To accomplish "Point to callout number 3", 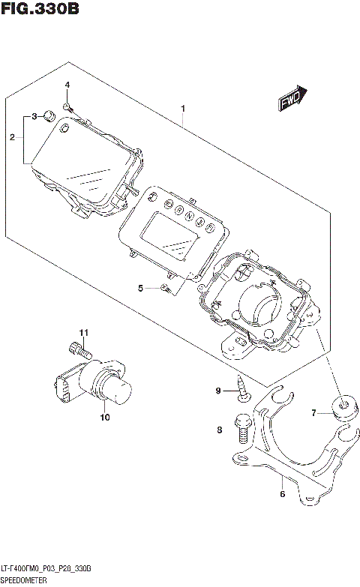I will tap(34, 116).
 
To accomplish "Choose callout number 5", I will tap(140, 288).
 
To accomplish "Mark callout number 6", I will tap(282, 493).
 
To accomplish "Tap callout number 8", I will tap(219, 430).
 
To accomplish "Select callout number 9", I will tap(219, 391).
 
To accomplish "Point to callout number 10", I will tap(104, 417).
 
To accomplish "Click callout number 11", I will tap(84, 332).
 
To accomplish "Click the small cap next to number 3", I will tap(48, 115).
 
